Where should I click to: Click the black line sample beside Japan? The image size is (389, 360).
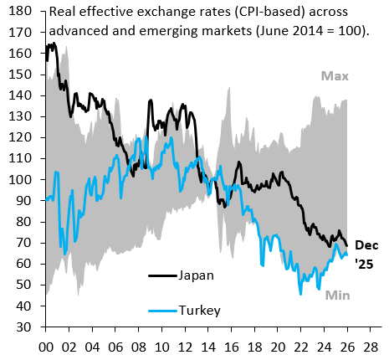(x=162, y=275)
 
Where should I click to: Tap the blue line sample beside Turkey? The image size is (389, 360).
(x=162, y=310)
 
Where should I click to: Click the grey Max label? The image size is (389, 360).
(x=335, y=77)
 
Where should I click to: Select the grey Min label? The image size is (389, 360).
(x=337, y=295)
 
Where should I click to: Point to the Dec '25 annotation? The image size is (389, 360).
(x=366, y=254)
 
